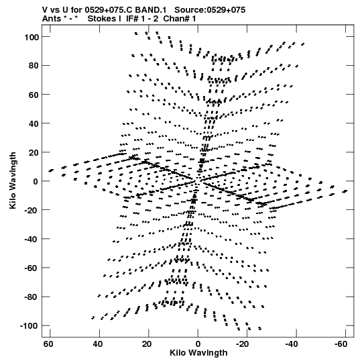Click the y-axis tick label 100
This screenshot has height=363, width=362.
point(32,37)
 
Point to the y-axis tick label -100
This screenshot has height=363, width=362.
point(29,325)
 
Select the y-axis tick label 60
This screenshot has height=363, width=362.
point(34,95)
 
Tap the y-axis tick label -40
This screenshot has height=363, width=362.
point(32,239)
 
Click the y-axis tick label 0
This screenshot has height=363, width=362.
point(36,181)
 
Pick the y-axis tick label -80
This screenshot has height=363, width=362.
point(32,297)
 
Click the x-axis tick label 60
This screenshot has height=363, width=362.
point(48,344)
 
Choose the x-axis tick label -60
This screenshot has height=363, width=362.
point(341,344)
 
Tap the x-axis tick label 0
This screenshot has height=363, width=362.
point(198,344)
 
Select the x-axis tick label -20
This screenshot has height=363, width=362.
point(243,344)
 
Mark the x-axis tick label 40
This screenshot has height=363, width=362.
point(98,344)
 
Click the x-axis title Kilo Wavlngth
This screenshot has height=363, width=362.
point(198,353)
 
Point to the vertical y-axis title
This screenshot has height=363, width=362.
point(13,180)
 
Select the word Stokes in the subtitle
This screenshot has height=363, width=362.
point(105,19)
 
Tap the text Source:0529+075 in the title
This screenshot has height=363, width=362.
point(210,10)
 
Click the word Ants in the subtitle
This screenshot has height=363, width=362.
point(52,19)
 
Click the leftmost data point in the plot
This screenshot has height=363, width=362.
point(51,170)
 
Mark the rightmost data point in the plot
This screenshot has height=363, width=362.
point(345,191)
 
